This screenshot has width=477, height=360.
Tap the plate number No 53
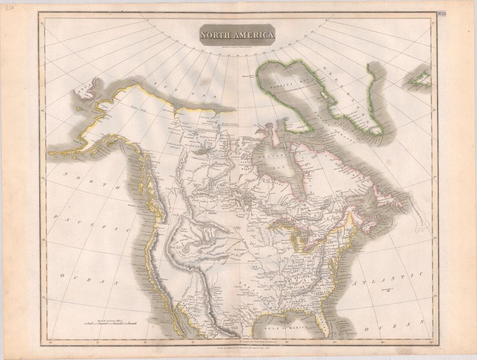[x=441, y=13]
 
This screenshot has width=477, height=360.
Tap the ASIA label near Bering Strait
[x=82, y=91]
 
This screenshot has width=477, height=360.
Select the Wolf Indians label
[x=241, y=250]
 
